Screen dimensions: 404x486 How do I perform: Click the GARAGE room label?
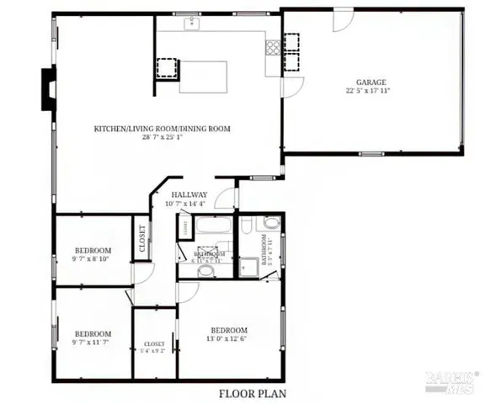point(371,82)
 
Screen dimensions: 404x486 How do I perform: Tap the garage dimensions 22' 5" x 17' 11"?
point(371,91)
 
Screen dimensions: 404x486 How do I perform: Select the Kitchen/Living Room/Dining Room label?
point(162,129)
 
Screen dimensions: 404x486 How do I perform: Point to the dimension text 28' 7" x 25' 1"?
point(162,137)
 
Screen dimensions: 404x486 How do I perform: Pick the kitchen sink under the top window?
point(192,23)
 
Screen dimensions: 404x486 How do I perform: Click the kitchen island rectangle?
point(205,77)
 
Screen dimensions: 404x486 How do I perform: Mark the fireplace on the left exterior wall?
point(47,88)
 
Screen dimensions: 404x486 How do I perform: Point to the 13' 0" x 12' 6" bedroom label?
point(229,334)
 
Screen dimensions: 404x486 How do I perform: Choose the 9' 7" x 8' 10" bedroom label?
point(93,255)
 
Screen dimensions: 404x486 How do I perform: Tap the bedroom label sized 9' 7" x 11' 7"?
point(93,338)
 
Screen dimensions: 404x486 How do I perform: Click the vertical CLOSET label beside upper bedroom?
point(142,238)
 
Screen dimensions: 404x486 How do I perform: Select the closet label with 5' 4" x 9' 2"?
point(154,348)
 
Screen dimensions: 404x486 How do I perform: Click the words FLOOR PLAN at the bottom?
point(252,393)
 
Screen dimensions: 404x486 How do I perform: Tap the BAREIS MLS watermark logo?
point(451,383)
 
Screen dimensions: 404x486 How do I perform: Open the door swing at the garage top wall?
point(343,20)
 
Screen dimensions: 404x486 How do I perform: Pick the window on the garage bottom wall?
point(371,153)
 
